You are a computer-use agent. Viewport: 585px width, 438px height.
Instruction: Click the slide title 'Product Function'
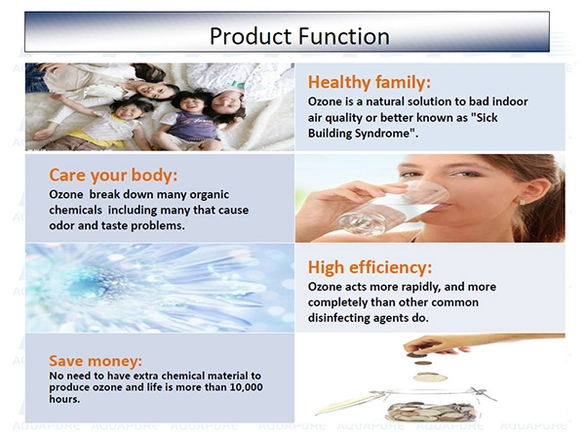pyautogui.click(x=299, y=36)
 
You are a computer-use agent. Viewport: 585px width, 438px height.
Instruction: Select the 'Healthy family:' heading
pyautogui.click(x=369, y=83)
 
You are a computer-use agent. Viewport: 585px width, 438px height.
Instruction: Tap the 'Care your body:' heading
pyautogui.click(x=113, y=176)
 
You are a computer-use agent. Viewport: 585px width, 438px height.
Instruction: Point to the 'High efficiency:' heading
pyautogui.click(x=370, y=267)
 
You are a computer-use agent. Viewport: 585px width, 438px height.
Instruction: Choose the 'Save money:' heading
pyautogui.click(x=96, y=361)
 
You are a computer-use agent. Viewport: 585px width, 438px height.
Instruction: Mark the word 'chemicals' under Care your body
pyautogui.click(x=75, y=210)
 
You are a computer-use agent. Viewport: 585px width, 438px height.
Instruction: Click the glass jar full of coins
pyautogui.click(x=433, y=405)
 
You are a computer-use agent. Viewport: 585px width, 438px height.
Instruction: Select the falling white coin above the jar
pyautogui.click(x=430, y=378)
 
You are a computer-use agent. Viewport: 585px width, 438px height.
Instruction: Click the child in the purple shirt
pyautogui.click(x=188, y=119)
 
